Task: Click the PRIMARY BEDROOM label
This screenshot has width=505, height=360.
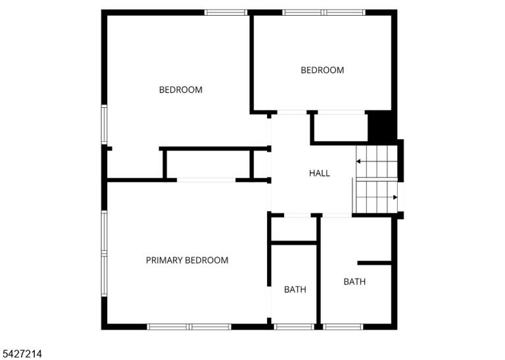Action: [187, 260]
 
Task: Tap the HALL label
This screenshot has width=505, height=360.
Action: [320, 173]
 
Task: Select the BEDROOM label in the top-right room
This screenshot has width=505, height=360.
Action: [322, 70]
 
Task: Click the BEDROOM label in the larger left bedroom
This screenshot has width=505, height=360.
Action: [181, 89]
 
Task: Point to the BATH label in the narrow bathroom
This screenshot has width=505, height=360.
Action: [295, 290]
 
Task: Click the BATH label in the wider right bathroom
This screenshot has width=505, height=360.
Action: [354, 282]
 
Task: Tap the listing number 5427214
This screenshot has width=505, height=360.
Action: [21, 354]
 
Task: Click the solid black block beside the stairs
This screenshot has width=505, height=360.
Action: [382, 126]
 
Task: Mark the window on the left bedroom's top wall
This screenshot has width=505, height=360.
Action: [226, 12]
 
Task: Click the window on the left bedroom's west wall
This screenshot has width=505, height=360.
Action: [105, 125]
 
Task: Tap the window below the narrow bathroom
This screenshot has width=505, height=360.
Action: [294, 327]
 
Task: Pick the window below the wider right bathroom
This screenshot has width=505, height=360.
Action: [343, 327]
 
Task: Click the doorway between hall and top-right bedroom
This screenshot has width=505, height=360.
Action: [292, 112]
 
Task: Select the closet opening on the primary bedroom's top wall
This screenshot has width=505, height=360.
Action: [206, 180]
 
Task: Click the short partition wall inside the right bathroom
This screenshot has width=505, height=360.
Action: [375, 263]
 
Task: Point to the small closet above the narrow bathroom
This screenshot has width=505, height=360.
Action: [294, 229]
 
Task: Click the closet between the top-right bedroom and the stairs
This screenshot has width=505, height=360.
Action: [341, 127]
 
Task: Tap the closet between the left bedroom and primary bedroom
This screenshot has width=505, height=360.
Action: [208, 164]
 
